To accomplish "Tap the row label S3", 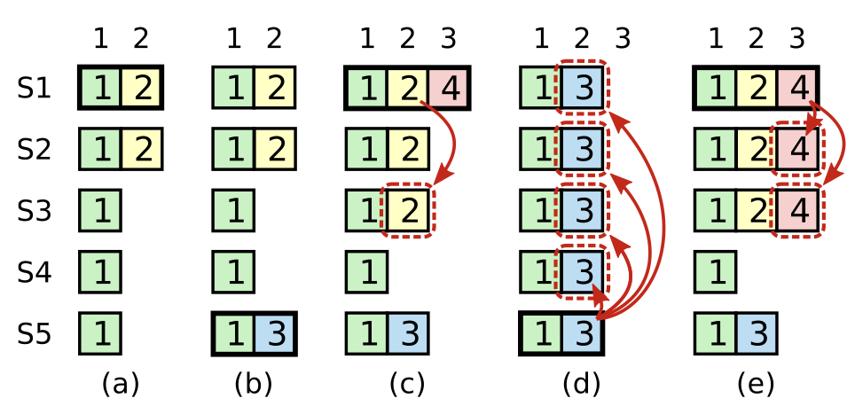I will pyautogui.click(x=35, y=211).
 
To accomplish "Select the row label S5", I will pyautogui.click(x=35, y=334).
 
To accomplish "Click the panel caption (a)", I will pyautogui.click(x=121, y=384).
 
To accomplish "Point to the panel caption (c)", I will pyautogui.click(x=407, y=384).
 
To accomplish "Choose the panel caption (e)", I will pyautogui.click(x=756, y=384).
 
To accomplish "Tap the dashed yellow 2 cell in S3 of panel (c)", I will pyautogui.click(x=407, y=211).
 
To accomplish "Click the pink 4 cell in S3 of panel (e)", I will pyautogui.click(x=798, y=211).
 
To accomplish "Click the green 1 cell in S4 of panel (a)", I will pyautogui.click(x=100, y=272).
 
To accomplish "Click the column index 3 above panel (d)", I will pyautogui.click(x=623, y=38).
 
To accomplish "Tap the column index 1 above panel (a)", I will pyautogui.click(x=100, y=38).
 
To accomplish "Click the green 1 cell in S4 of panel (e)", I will pyautogui.click(x=715, y=272).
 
